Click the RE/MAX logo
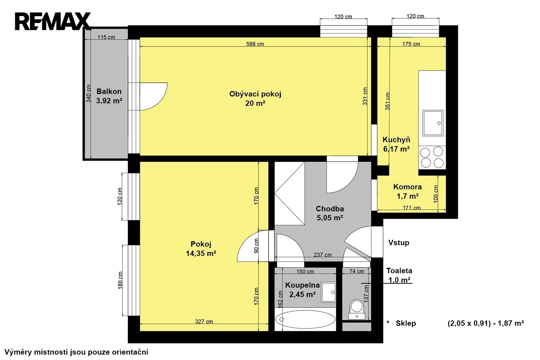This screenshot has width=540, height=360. pyautogui.click(x=53, y=21)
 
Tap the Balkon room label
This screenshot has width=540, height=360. pyautogui.click(x=109, y=91)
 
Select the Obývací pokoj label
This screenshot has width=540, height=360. pyautogui.click(x=255, y=94)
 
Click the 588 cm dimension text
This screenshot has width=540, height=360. pyautogui.click(x=255, y=44)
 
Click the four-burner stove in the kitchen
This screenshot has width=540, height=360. pyautogui.click(x=432, y=157)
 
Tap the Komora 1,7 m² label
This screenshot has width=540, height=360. pyautogui.click(x=408, y=192)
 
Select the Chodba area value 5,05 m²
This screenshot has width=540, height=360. pyautogui.click(x=330, y=218)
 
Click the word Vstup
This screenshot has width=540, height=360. pyautogui.click(x=399, y=243)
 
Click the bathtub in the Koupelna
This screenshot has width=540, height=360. pyautogui.click(x=305, y=319)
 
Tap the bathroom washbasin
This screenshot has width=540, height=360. pyautogui.click(x=328, y=292)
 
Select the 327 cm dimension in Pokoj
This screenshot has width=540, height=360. pyautogui.click(x=204, y=321)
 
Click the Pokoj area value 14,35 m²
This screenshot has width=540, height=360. pyautogui.click(x=201, y=253)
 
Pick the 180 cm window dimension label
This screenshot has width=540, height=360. pyautogui.click(x=120, y=280)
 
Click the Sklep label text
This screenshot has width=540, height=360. pyautogui.click(x=406, y=323)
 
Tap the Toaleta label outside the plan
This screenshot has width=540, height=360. pyautogui.click(x=399, y=271)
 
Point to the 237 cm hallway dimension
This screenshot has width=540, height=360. pyautogui.click(x=323, y=255)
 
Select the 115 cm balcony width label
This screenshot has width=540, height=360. pyautogui.click(x=106, y=37)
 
